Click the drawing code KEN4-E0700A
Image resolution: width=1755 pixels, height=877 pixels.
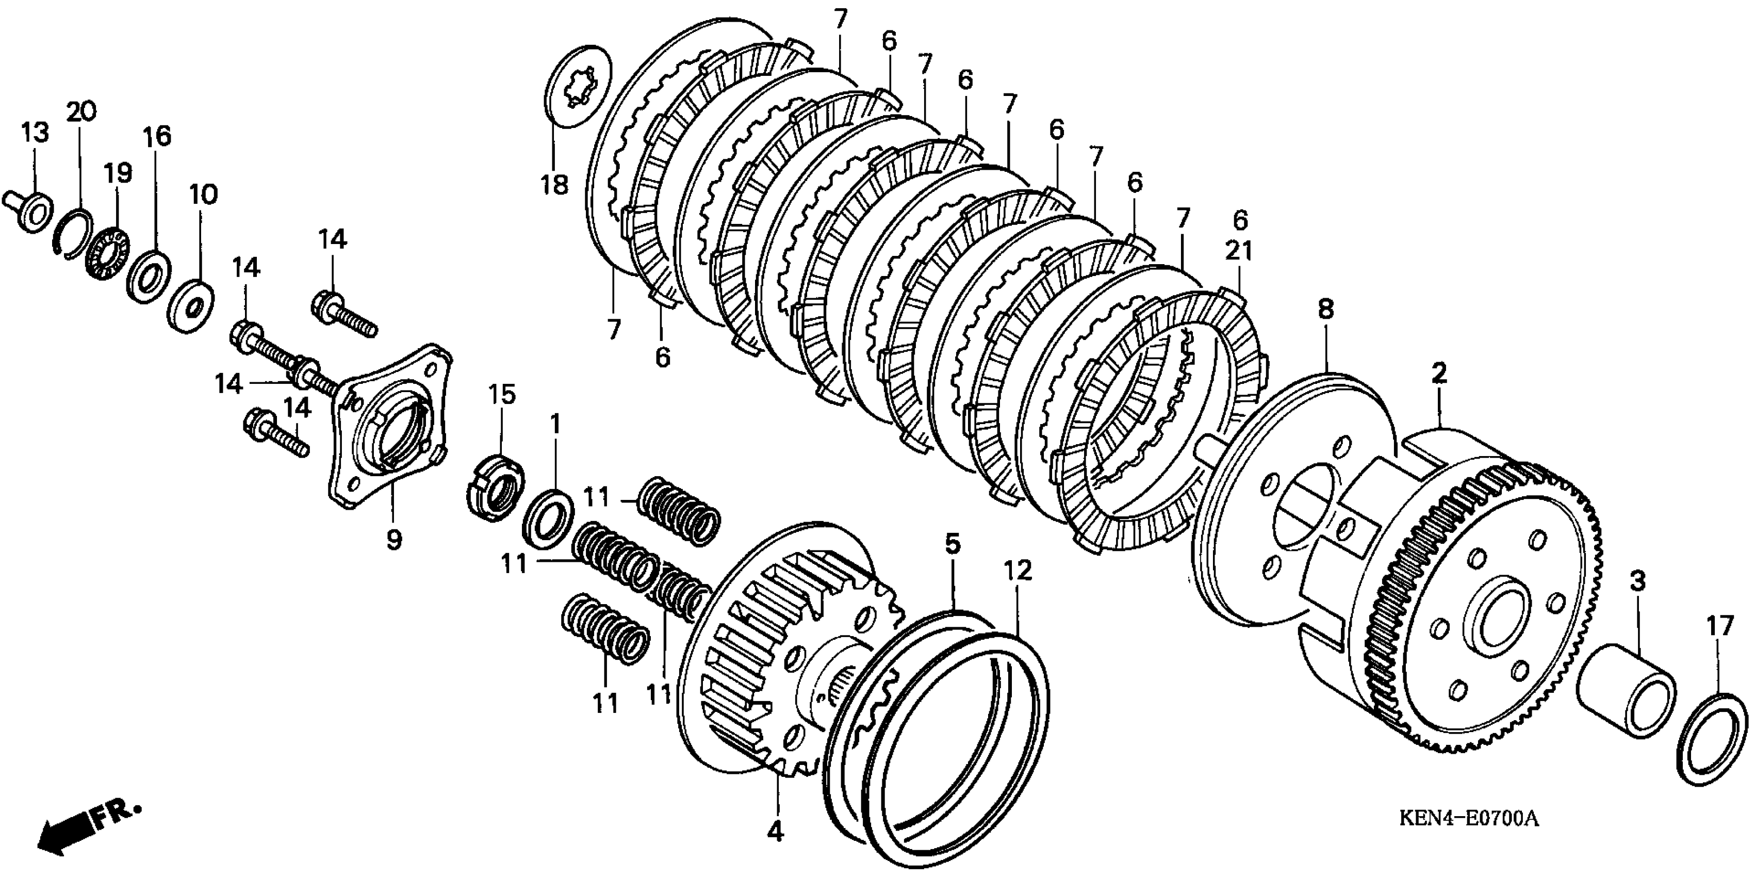pyautogui.click(x=1468, y=836)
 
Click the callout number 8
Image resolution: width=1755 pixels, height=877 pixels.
pyautogui.click(x=1325, y=310)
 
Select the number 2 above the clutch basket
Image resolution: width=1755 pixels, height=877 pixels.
pyautogui.click(x=1438, y=373)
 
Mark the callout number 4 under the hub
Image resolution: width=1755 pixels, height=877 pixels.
pyautogui.click(x=775, y=832)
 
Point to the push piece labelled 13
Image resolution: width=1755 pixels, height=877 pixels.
pyautogui.click(x=30, y=210)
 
